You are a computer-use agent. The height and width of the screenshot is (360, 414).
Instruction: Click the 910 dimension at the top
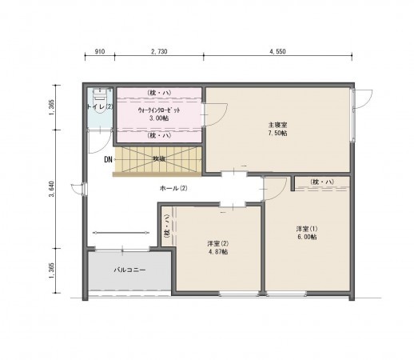point(99,50)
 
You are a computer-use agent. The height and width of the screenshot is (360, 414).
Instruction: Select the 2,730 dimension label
point(158,50)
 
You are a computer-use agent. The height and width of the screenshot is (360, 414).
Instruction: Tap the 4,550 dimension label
point(277,50)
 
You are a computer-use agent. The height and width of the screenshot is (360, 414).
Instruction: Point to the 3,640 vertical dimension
point(52,188)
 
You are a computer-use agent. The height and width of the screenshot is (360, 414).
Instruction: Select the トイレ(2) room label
point(100,106)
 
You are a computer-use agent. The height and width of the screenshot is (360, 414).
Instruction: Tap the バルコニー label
point(128,271)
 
